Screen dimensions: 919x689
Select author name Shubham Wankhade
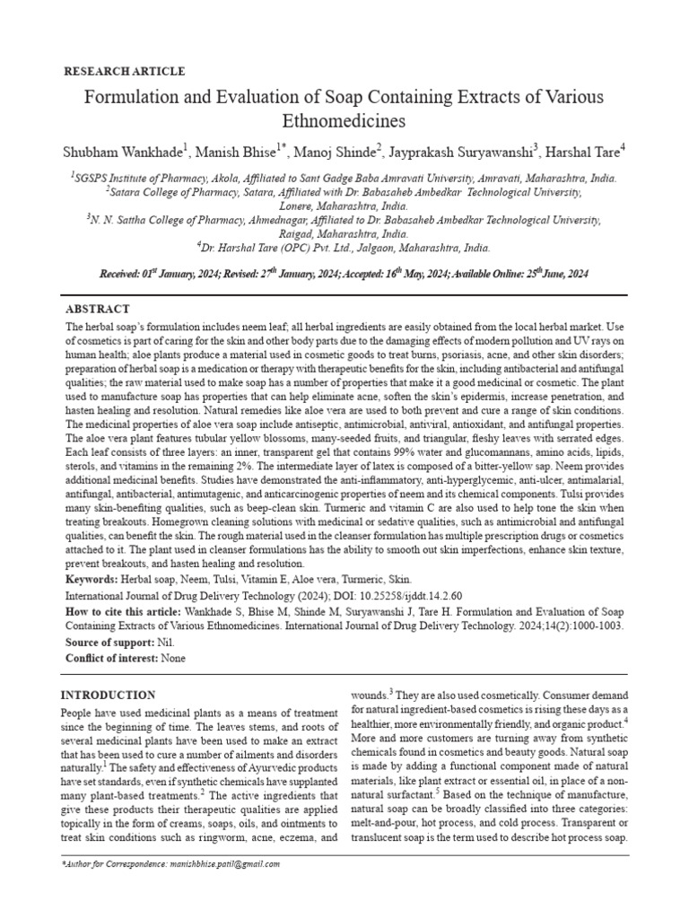(x=123, y=150)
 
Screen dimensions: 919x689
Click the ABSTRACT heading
(x=98, y=308)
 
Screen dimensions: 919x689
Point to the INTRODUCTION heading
(x=108, y=696)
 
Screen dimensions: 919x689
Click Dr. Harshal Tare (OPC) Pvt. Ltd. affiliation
(x=278, y=246)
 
